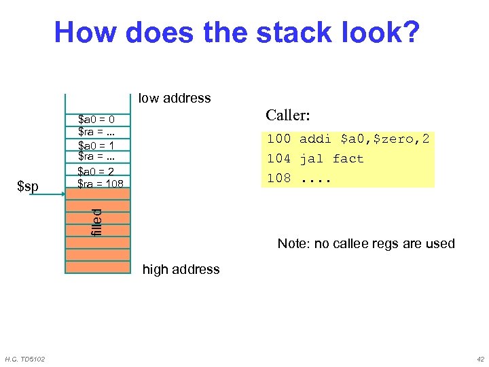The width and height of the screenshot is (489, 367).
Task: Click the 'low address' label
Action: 175,98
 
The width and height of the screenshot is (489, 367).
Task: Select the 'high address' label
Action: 181,269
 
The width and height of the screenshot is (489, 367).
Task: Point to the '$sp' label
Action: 28,186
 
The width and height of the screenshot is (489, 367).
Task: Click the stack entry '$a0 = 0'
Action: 100,120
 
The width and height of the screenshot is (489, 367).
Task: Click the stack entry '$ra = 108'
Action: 101,183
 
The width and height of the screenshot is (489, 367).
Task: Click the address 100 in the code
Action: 278,139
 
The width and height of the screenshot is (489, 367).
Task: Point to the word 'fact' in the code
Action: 348,159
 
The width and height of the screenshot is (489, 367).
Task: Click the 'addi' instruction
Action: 316,139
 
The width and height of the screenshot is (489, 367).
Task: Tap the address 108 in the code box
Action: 278,178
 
